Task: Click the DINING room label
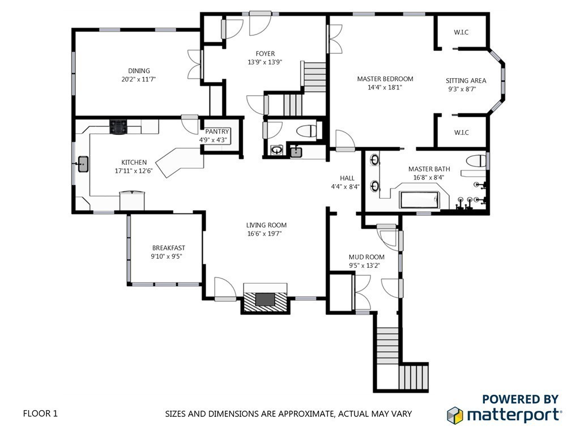tap(139, 71)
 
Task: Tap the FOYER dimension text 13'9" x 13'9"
tap(265, 62)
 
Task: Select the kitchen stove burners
tap(119, 126)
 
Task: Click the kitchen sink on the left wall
tap(83, 164)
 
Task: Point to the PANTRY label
tap(217, 131)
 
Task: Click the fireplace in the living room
tap(265, 299)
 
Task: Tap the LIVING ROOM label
tap(266, 225)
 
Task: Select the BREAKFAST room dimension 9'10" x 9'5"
tap(167, 257)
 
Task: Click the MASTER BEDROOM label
tap(385, 79)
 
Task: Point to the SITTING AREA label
tap(466, 80)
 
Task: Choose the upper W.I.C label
tap(461, 32)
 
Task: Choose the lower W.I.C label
tap(461, 133)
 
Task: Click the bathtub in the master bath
tap(420, 200)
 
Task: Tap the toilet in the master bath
tap(476, 161)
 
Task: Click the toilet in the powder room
tap(308, 131)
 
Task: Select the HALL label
tap(347, 178)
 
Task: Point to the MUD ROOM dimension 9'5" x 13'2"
tap(364, 265)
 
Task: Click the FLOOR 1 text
tap(40, 413)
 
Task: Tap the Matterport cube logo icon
tap(455, 415)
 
